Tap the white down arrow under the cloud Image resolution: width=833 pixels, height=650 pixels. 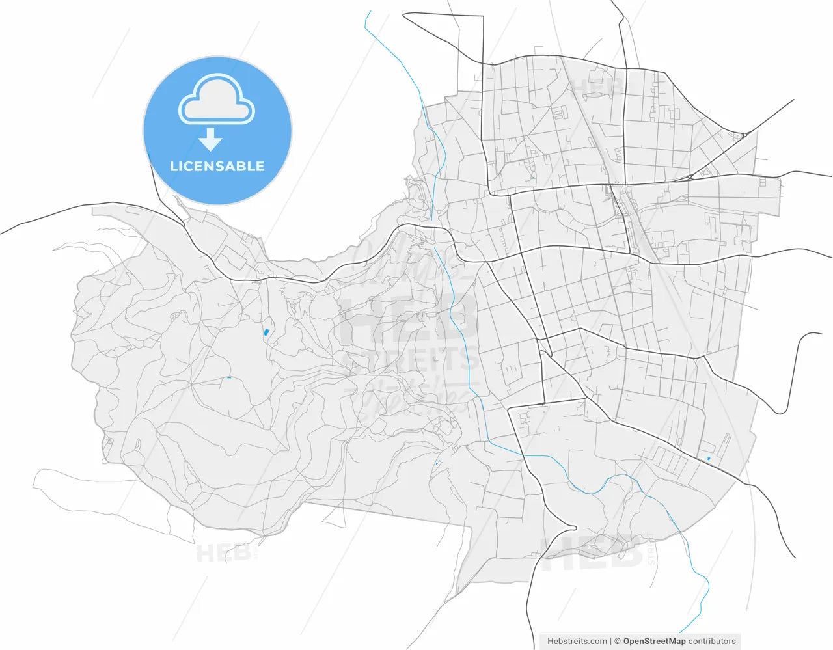coord(210,140)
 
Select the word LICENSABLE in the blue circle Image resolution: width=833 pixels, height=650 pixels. coord(217,167)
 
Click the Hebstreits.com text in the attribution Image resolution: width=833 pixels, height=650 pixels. coord(577,641)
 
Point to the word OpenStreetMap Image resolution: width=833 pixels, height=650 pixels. coord(654,641)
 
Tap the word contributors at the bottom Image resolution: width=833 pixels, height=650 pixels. coord(712,641)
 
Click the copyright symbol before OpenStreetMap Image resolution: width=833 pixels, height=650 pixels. coord(618,641)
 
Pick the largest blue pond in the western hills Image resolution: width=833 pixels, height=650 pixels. coord(266,332)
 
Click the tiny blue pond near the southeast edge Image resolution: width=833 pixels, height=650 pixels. coord(708,460)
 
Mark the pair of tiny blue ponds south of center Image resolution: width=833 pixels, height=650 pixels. coord(437,463)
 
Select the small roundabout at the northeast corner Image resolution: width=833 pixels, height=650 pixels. coord(744,135)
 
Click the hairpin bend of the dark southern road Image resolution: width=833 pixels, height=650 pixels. coord(573,527)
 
